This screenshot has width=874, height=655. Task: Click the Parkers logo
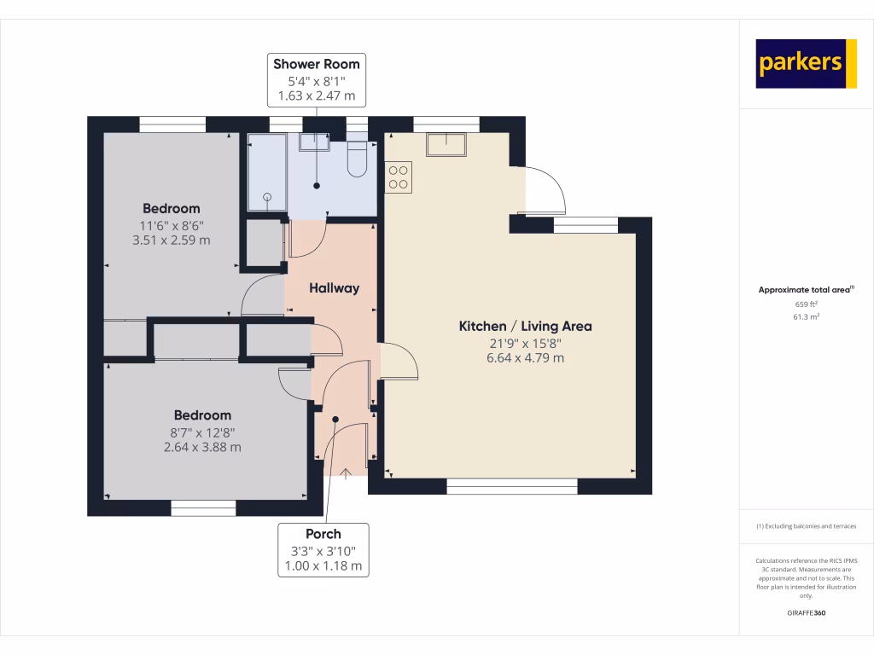coord(806,64)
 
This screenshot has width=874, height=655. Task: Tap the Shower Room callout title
coord(317,64)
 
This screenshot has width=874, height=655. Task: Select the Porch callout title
coord(323,534)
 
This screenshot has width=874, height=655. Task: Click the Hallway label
coord(334,288)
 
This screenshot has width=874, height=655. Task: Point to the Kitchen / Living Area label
coord(525,326)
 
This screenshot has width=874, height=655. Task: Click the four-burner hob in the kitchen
coord(399,177)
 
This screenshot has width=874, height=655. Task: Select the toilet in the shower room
coord(358,159)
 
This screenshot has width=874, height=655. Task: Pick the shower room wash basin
coord(314,142)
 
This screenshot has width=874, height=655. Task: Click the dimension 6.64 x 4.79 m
coord(525,358)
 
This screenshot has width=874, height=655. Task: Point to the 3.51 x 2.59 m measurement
coord(171,241)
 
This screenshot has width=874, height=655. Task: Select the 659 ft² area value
coord(807,304)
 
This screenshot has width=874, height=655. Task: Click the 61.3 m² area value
coord(807,316)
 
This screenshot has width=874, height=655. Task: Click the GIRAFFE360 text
coord(807,613)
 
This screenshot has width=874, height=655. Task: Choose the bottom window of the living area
coord(512,486)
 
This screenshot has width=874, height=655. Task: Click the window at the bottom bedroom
coord(203,508)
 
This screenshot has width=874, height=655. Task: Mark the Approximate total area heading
coord(805,290)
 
